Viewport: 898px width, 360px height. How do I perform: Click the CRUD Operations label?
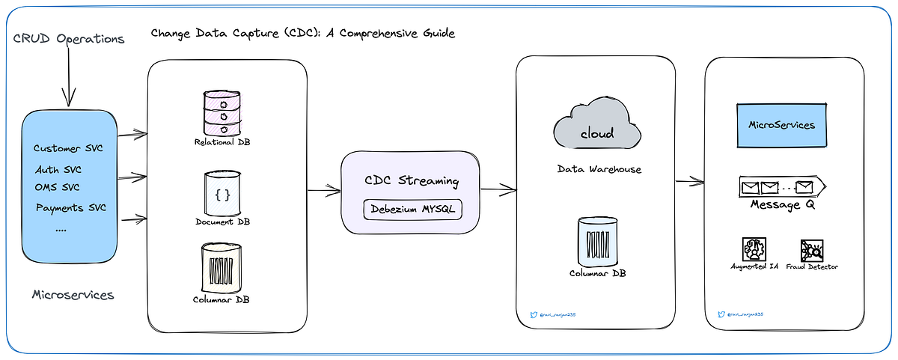click(68, 38)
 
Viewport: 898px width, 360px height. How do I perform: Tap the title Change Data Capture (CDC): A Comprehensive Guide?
click(302, 34)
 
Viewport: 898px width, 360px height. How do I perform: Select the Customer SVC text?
click(68, 148)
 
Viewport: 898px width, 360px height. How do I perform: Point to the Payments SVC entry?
click(70, 207)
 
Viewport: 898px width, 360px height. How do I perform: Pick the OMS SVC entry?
click(57, 187)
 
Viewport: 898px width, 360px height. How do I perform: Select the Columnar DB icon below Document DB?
click(222, 268)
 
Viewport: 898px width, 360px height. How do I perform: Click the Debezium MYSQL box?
click(413, 210)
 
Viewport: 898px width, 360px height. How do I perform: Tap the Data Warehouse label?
click(599, 170)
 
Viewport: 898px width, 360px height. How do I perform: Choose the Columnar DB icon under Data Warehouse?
click(598, 240)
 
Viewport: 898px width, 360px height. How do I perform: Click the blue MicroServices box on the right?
click(784, 126)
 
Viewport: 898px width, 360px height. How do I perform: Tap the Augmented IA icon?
click(751, 249)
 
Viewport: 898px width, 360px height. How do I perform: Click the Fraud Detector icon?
click(812, 249)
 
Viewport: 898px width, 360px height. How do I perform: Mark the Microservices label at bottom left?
click(73, 295)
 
